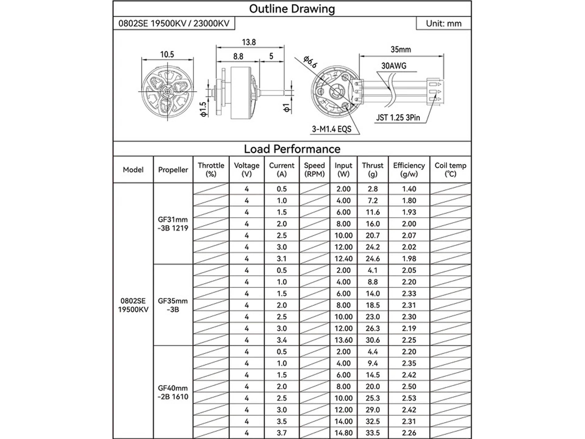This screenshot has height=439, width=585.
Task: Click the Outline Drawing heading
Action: click(292, 9)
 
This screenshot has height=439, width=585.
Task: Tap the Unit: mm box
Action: click(443, 24)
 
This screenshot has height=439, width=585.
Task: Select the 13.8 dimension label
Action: click(249, 42)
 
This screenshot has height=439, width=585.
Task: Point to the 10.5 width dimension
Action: click(167, 54)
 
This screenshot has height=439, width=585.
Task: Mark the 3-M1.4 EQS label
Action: click(332, 129)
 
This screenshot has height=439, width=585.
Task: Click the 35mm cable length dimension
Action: click(401, 50)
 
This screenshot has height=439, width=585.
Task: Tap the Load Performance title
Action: click(292, 149)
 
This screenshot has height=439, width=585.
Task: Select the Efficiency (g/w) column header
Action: click(409, 170)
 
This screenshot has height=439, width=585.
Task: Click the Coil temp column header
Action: click(450, 170)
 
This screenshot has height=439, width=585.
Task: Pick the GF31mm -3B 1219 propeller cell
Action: click(173, 224)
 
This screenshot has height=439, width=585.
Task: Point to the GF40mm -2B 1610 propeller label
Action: click(173, 392)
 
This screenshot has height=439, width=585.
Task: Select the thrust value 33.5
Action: click(373, 433)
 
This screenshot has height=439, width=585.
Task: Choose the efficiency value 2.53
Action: click(409, 398)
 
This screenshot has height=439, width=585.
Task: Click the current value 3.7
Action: click(282, 433)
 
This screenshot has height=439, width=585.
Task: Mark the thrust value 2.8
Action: click(373, 189)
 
